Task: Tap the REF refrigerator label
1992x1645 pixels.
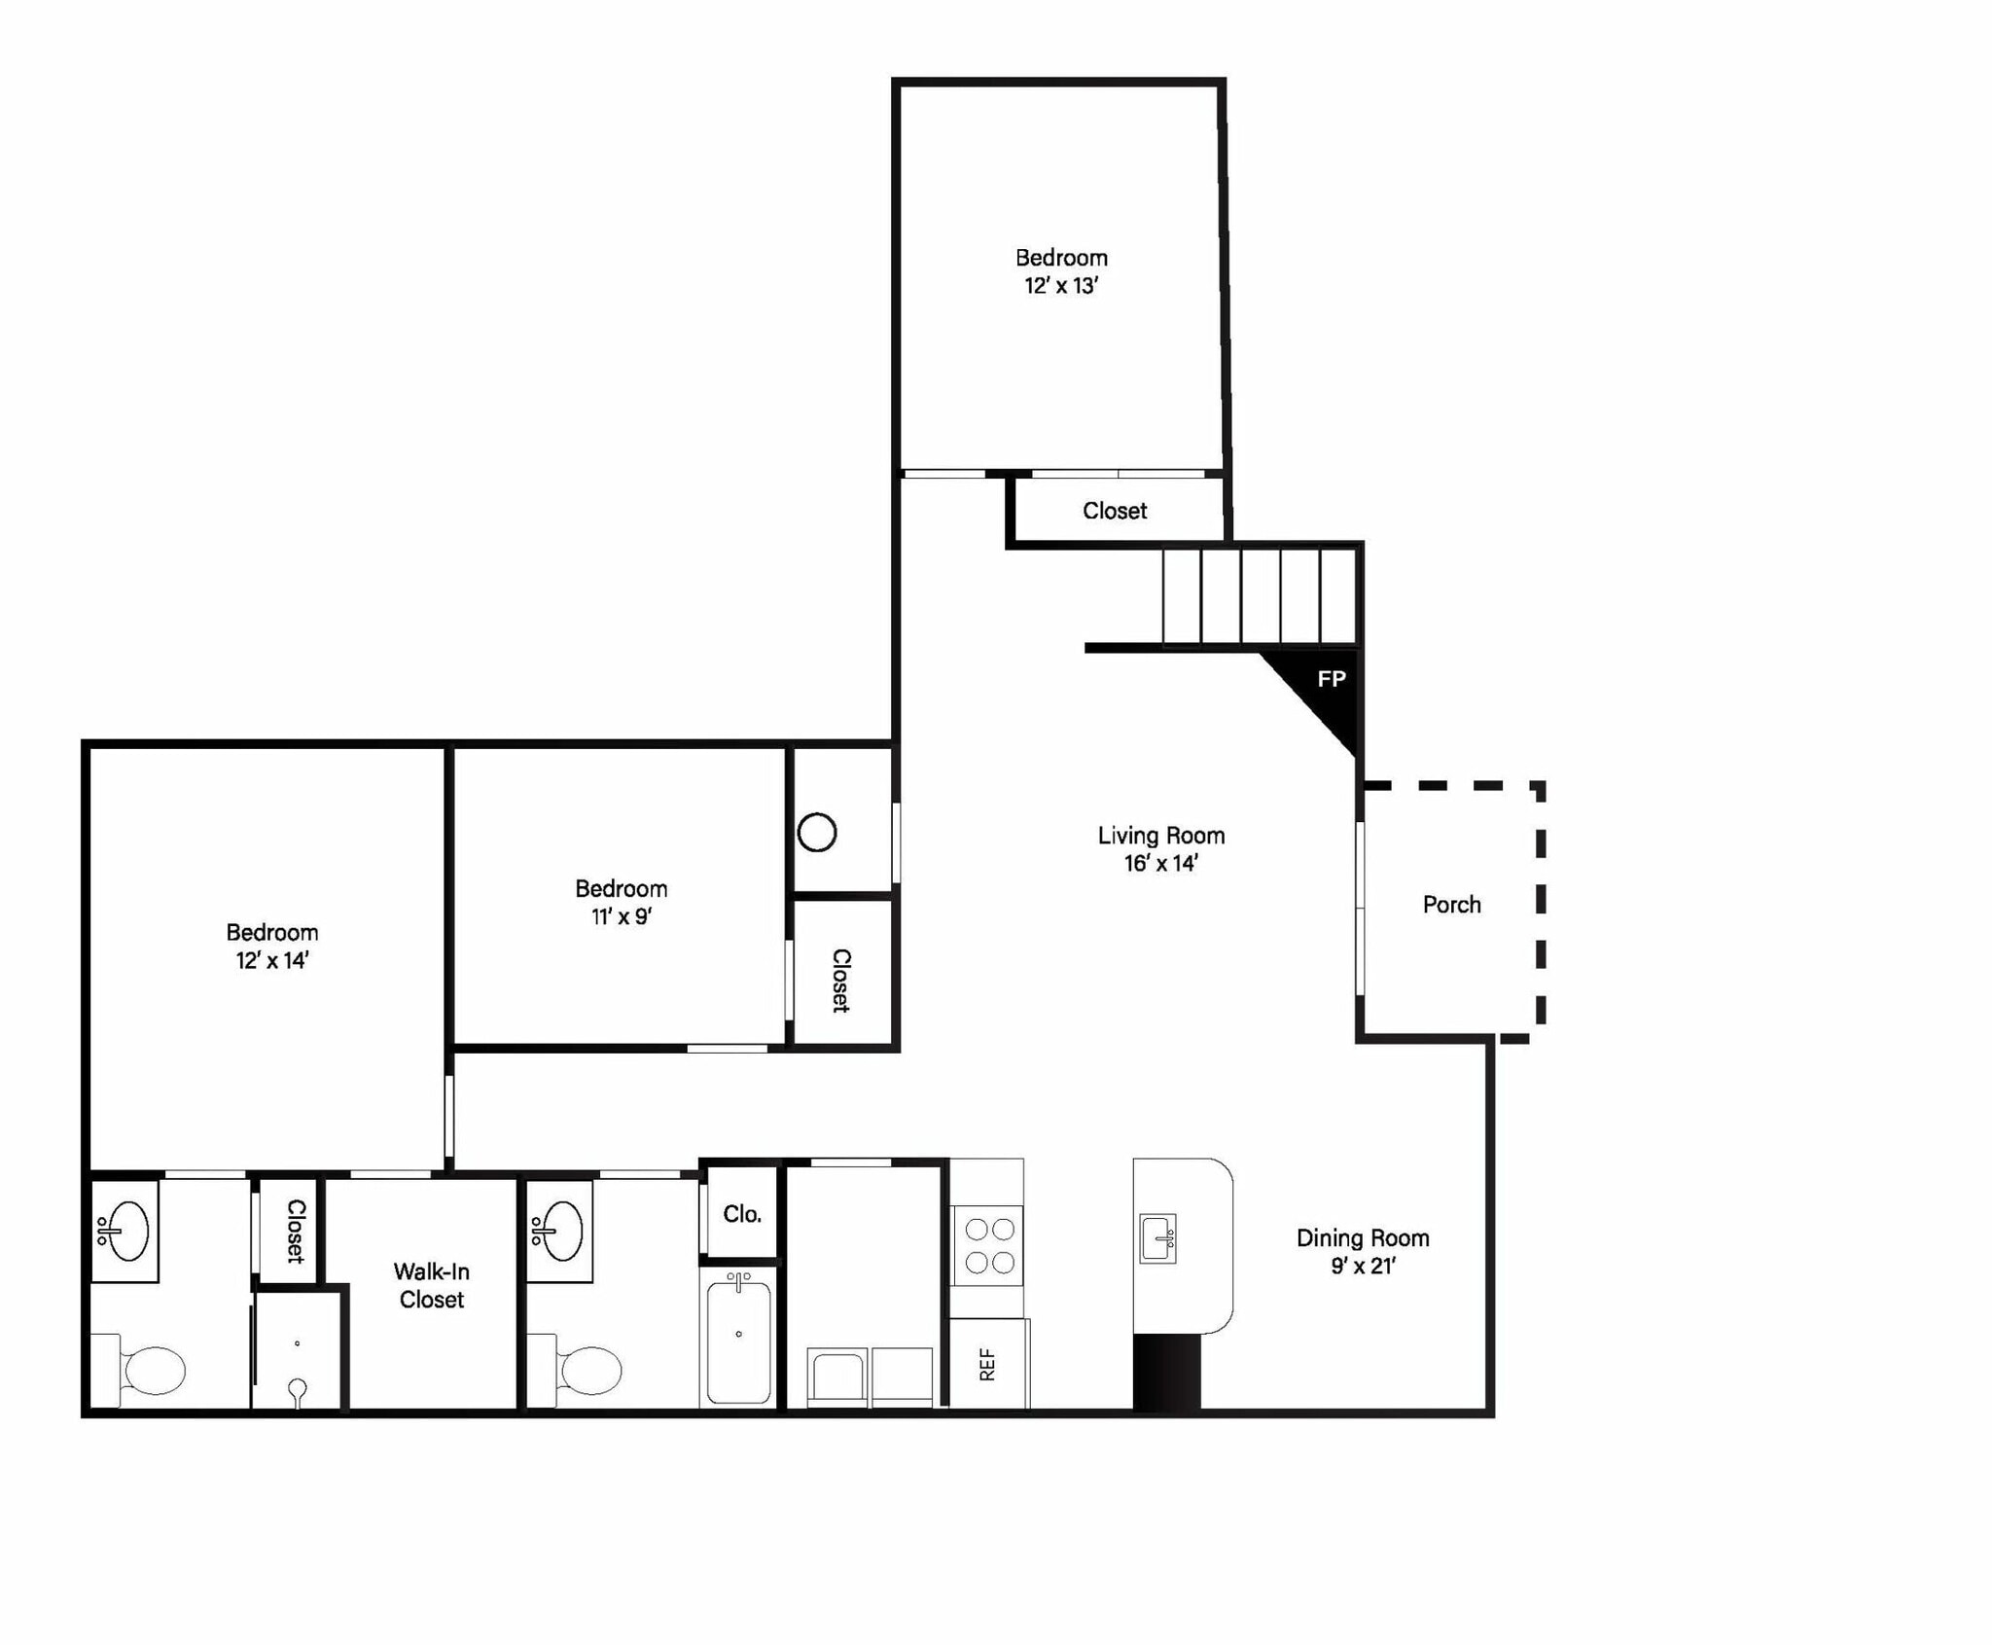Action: [x=987, y=1364]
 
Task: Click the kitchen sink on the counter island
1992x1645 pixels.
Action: [x=1157, y=1238]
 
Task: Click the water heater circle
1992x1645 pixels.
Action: [x=817, y=833]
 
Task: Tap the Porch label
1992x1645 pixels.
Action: [x=1451, y=905]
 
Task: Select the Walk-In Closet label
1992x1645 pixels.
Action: [x=431, y=1285]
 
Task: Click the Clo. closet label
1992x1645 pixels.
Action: [x=742, y=1214]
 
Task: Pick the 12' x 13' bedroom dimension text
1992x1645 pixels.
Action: [x=1061, y=286]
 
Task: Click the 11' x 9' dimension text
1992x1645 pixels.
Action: [x=622, y=916]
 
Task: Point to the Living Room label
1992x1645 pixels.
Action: [x=1161, y=836]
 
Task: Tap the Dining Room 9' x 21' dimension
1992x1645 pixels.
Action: [x=1364, y=1266]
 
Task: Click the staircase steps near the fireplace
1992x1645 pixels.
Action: [x=1260, y=595]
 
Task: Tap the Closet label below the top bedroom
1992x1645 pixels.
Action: [x=1115, y=511]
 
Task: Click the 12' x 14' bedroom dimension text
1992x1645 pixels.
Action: [x=272, y=960]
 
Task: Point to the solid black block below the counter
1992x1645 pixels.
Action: [x=1167, y=1372]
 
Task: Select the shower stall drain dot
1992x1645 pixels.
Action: [x=297, y=1343]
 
